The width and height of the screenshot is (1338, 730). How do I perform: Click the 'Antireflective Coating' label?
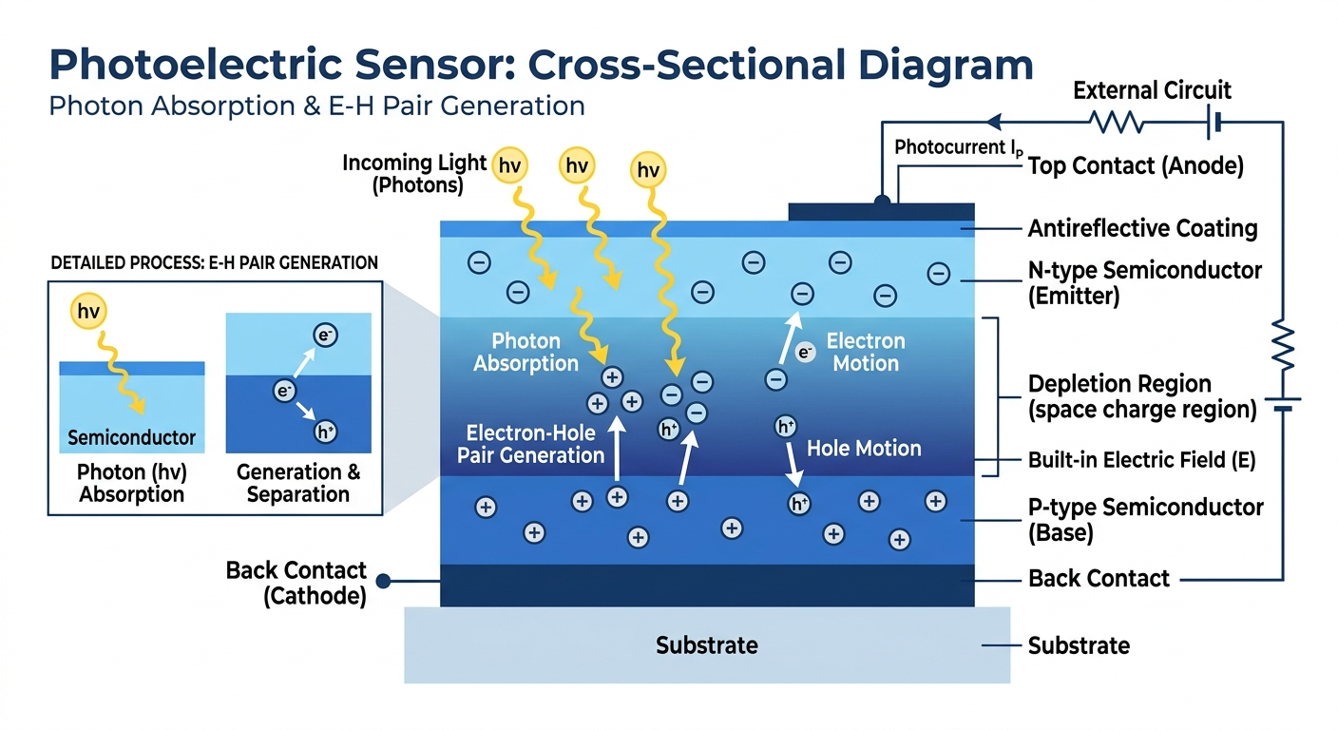pyautogui.click(x=1142, y=229)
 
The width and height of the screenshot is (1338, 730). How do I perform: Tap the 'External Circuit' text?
pyautogui.click(x=1152, y=91)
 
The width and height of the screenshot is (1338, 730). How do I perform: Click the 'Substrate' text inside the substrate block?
pyautogui.click(x=706, y=646)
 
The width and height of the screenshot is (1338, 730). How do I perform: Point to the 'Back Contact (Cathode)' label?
pyautogui.click(x=296, y=583)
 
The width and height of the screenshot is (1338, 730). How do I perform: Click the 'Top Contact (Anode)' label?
pyautogui.click(x=1136, y=166)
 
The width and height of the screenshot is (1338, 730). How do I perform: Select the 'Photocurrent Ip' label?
pyautogui.click(x=960, y=148)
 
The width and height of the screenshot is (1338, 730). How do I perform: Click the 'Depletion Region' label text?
pyautogui.click(x=1119, y=385)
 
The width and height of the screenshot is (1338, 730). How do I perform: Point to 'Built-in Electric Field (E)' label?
pyautogui.click(x=1141, y=461)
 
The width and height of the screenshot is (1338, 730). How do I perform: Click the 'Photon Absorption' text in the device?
pyautogui.click(x=526, y=353)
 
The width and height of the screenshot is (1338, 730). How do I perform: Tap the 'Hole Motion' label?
pyautogui.click(x=863, y=449)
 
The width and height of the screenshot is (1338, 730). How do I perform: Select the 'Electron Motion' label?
pyautogui.click(x=865, y=352)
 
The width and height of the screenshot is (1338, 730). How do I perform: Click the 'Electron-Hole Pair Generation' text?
pyautogui.click(x=530, y=444)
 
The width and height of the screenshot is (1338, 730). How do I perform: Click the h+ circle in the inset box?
pyautogui.click(x=325, y=433)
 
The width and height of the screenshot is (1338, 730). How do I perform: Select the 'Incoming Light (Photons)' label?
pyautogui.click(x=415, y=174)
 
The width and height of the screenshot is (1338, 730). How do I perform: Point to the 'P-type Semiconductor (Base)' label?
pyautogui.click(x=1145, y=520)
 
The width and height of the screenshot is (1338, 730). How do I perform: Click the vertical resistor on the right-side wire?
pyautogui.click(x=1283, y=346)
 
